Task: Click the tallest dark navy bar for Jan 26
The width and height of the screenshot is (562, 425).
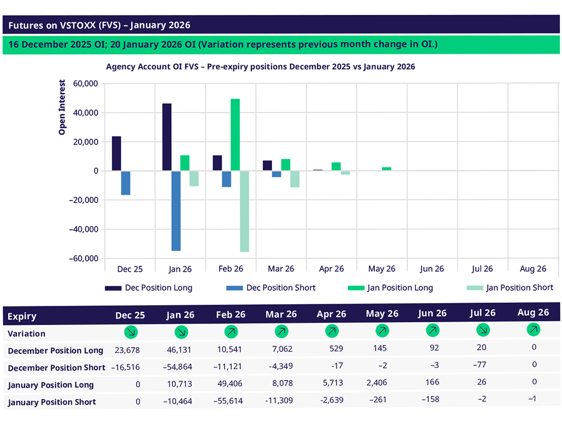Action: (x=167, y=137)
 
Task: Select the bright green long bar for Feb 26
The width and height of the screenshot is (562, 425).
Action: (x=235, y=135)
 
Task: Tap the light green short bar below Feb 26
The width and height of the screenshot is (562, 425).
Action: (x=244, y=211)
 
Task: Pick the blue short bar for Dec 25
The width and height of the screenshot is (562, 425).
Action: (x=126, y=183)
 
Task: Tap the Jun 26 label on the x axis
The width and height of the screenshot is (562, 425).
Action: (x=432, y=269)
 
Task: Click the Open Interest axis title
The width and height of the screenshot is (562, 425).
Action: (x=62, y=108)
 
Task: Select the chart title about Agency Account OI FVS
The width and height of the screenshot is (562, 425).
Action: (x=261, y=66)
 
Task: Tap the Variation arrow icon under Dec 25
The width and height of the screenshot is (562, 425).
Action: (x=131, y=332)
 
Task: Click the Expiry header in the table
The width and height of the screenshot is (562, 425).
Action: (x=23, y=316)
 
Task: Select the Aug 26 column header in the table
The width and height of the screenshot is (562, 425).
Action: (x=533, y=312)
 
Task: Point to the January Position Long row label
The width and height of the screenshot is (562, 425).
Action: (x=51, y=385)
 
